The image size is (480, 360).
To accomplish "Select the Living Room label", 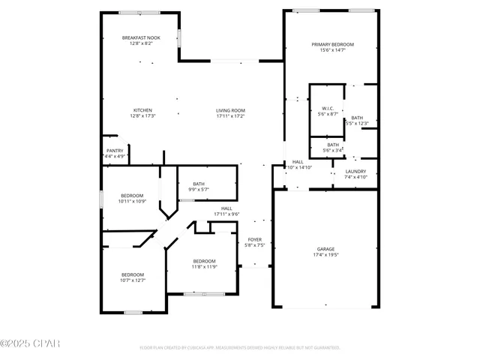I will [230, 109].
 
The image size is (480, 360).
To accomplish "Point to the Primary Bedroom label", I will [333, 45].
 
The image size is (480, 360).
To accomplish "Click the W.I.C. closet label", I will [328, 108].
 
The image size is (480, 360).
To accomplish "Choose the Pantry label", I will [115, 150].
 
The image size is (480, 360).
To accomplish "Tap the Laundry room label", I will [355, 172].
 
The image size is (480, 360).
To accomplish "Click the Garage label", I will [325, 249].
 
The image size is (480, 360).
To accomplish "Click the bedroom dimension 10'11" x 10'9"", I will [131, 201].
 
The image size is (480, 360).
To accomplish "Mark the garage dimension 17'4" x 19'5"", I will [325, 255].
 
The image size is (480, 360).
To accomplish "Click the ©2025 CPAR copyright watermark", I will [30, 343].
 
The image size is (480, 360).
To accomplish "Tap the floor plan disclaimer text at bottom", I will [239, 348].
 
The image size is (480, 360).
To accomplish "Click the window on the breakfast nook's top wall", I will [139, 13].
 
